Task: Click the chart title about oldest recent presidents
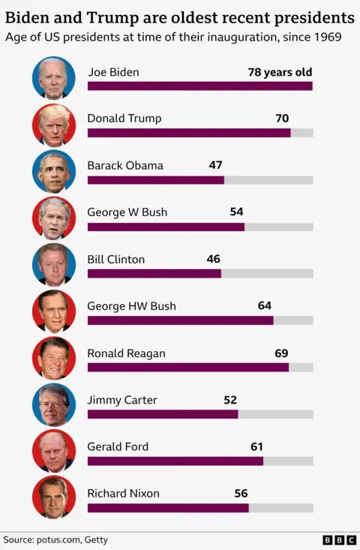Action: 180,17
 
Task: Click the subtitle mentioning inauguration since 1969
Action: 173,36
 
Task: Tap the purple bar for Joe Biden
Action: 199,86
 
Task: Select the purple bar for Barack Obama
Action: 155,180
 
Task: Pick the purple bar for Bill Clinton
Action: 154,274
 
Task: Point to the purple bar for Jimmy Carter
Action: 162,414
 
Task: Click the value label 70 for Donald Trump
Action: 282,119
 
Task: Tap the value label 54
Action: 236,212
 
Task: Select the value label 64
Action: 264,306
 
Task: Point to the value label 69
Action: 281,353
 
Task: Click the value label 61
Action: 256,446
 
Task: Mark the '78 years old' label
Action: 280,73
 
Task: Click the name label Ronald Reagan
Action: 126,353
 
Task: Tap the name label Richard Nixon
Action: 123,494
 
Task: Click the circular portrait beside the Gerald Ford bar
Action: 54,452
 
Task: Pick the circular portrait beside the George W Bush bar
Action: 54,218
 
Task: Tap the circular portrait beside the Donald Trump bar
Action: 54,125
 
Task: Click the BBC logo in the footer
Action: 339,539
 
